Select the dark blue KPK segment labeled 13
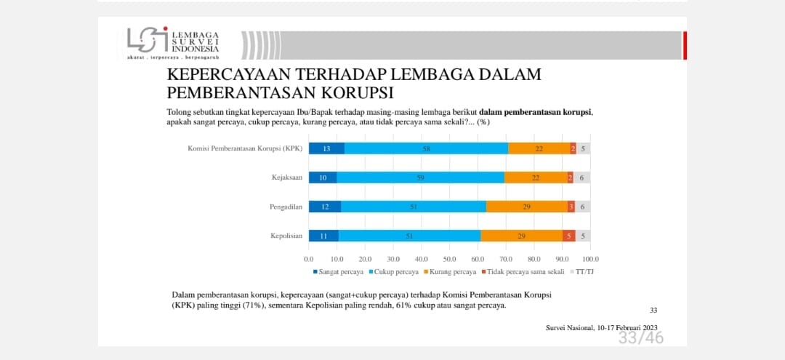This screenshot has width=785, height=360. point(326,148)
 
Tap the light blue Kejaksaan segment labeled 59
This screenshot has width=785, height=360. point(420,177)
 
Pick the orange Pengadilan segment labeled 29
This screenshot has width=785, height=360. point(526,207)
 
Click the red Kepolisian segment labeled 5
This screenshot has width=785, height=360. point(568,236)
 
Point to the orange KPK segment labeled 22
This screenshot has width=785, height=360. point(539,148)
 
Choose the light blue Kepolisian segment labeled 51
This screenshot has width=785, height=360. point(409,236)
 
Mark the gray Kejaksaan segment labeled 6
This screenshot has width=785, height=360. point(581,177)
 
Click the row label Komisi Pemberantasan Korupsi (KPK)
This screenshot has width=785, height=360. point(245,148)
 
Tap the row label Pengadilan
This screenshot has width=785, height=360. point(286,207)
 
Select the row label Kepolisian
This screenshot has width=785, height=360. point(286,236)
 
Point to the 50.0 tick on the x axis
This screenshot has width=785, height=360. point(449,258)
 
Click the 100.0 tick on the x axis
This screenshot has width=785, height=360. point(589,258)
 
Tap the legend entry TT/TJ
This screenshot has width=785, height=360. point(581,272)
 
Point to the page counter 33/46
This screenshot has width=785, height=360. point(640,338)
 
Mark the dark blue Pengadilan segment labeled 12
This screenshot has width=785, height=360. point(325,207)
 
